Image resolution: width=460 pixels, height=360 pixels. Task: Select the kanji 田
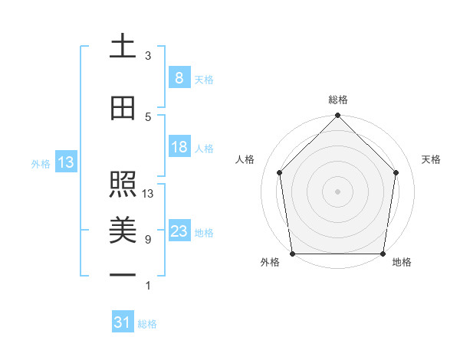tap(123, 110)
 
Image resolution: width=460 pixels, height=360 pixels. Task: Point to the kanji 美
tap(123, 230)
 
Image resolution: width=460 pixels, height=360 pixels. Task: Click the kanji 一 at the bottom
tap(123, 274)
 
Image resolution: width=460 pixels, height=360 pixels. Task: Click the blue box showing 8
tap(179, 78)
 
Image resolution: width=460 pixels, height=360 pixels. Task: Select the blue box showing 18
tap(179, 147)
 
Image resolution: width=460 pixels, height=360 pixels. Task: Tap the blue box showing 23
tap(179, 231)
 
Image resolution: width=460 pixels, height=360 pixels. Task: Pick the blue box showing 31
tap(123, 323)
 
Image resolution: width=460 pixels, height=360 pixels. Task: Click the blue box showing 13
tap(65, 162)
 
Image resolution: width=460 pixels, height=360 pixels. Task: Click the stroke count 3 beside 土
tap(148, 56)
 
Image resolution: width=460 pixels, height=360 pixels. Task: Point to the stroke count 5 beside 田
tap(148, 117)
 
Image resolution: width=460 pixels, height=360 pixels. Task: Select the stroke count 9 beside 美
tap(148, 240)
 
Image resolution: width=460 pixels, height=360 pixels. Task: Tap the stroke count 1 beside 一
tap(148, 286)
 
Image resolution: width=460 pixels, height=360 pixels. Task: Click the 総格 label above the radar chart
tap(337, 100)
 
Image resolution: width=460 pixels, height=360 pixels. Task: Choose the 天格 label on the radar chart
tap(431, 159)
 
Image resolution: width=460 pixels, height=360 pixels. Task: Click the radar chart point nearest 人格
tap(279, 172)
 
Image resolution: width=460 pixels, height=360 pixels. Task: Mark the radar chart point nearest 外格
tap(293, 254)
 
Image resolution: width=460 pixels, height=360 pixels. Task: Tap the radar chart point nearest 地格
tap(383, 254)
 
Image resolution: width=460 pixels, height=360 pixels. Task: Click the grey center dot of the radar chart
tap(337, 191)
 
